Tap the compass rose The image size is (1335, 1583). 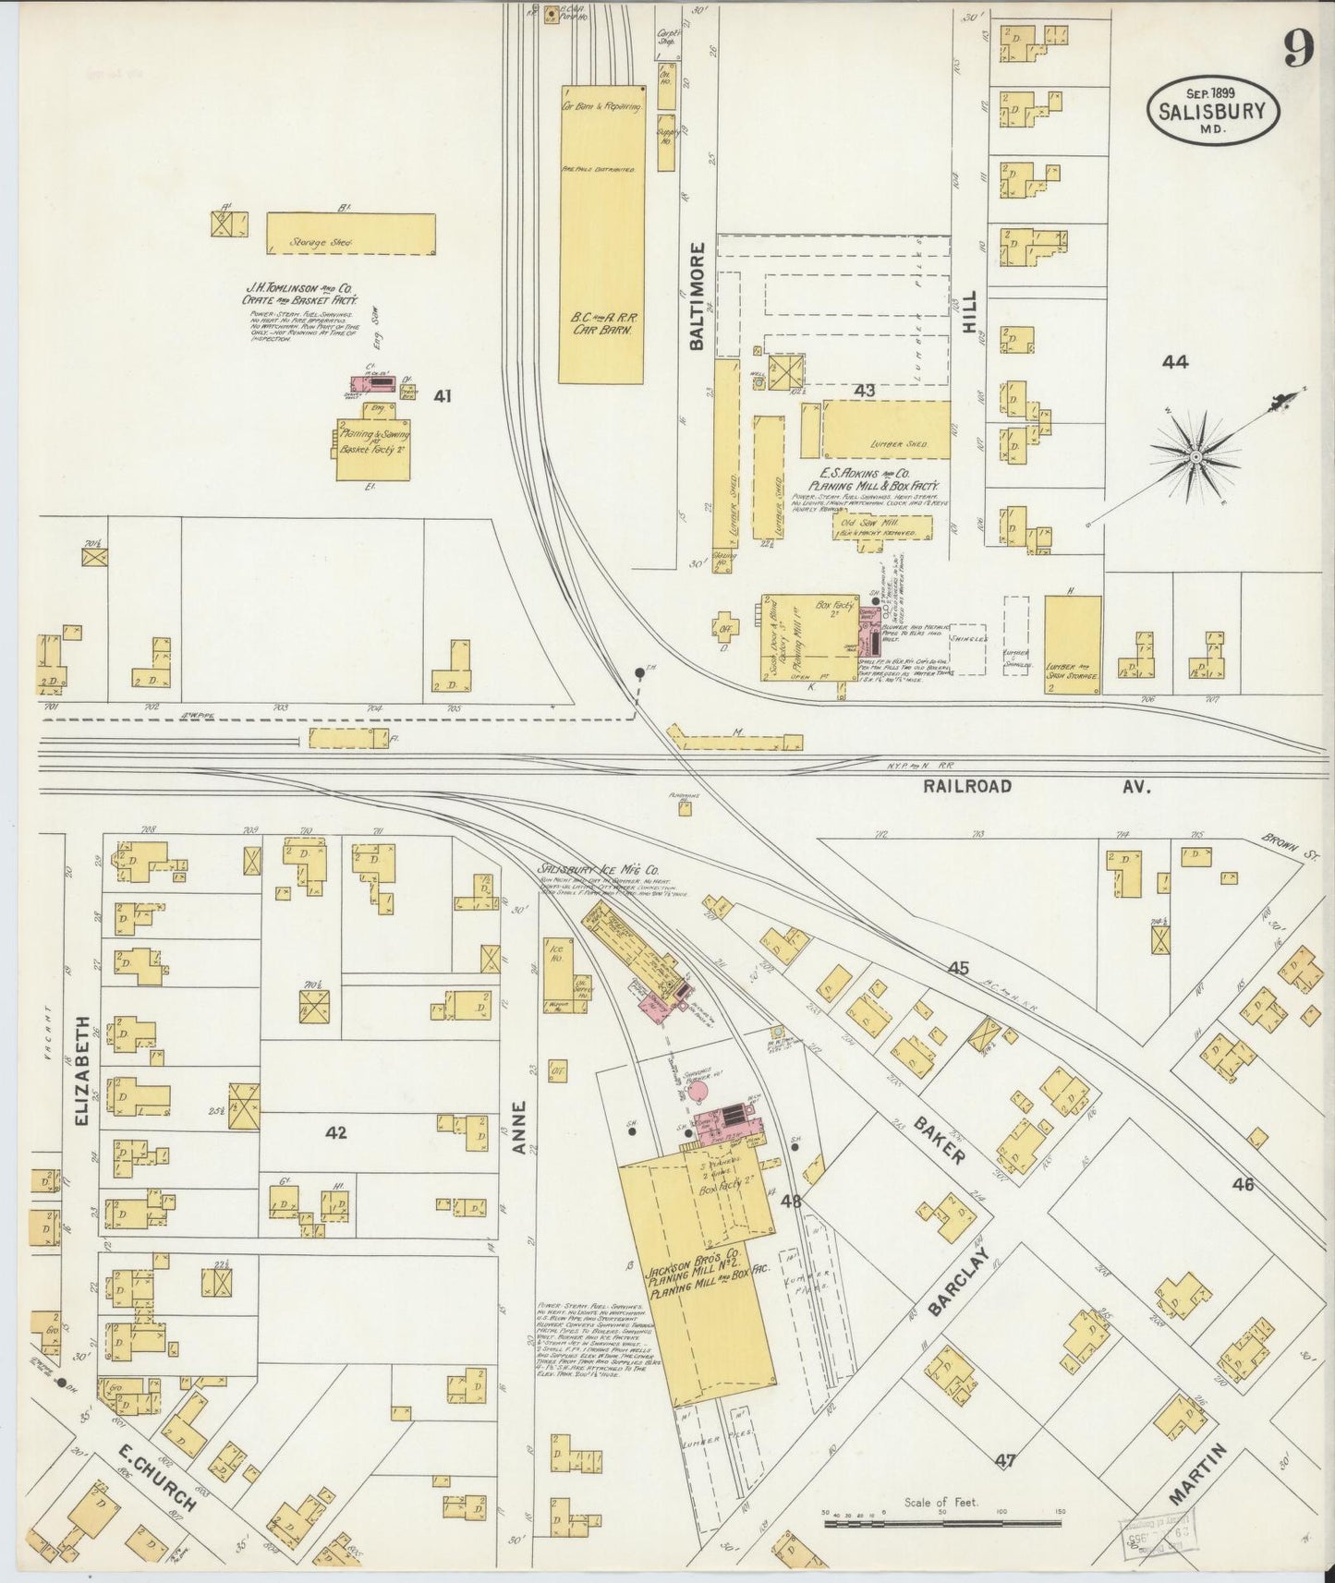tap(1196, 455)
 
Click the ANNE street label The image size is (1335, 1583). tap(520, 1127)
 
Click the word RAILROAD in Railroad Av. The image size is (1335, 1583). tap(966, 786)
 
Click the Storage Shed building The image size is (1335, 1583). tap(351, 234)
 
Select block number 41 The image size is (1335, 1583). tap(443, 396)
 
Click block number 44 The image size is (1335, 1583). tap(1175, 363)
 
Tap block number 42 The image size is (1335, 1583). tap(335, 1132)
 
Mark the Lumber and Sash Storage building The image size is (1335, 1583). tap(1073, 644)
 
